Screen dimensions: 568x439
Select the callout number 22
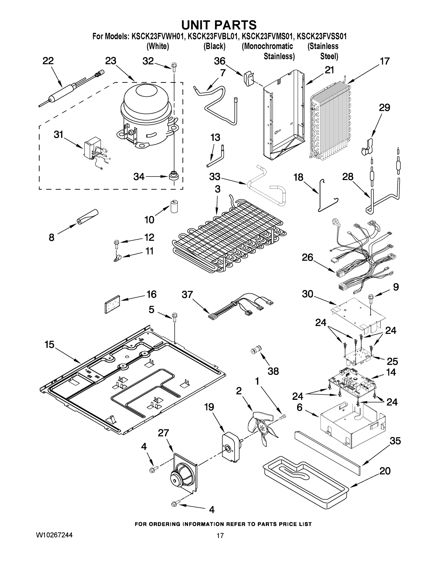tap(48, 61)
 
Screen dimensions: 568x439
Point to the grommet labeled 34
tap(173, 176)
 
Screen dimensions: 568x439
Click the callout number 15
tap(49, 345)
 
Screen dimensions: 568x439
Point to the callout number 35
tap(395, 441)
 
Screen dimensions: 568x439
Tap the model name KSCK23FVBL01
tap(213, 36)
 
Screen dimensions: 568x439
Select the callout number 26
tap(307, 257)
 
